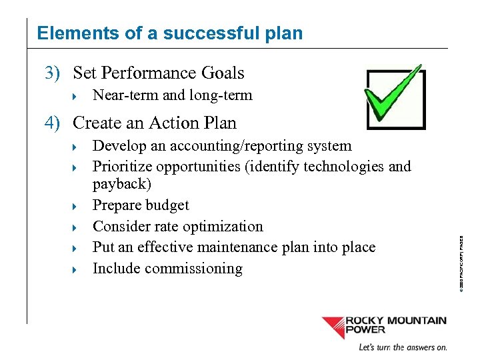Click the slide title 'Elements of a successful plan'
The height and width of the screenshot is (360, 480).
point(169,33)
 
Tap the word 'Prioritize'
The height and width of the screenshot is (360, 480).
point(123,167)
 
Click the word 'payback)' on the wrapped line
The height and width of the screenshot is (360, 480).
point(122,184)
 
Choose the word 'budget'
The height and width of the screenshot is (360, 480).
point(168,205)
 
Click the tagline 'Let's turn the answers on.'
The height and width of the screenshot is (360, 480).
point(403,347)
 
